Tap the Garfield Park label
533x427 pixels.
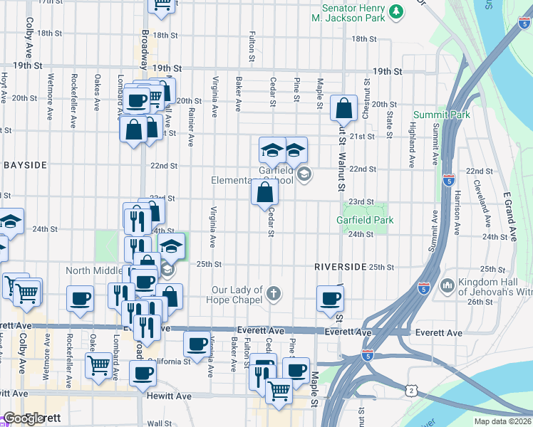(365, 220)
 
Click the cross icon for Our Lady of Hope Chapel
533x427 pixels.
(274, 293)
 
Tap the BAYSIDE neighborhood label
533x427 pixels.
(25, 165)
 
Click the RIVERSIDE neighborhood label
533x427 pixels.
(341, 266)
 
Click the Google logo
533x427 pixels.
(23, 418)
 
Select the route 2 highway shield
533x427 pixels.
(410, 390)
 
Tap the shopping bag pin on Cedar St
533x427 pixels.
(264, 191)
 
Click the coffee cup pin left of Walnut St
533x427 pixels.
(330, 299)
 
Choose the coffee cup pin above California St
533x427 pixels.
(197, 344)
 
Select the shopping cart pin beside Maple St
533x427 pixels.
(279, 389)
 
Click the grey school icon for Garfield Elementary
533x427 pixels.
(304, 174)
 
